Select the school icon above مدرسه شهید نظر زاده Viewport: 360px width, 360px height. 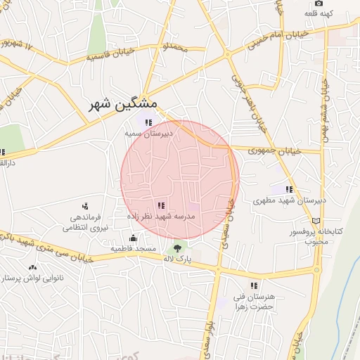161,206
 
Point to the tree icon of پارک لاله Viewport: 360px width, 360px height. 176,247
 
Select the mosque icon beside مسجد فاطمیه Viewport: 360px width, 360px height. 114,238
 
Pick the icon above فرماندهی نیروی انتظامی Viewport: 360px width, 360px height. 85,206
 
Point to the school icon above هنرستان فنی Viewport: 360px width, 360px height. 254,285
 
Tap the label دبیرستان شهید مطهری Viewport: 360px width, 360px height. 289,200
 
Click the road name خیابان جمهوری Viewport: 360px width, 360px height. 276,150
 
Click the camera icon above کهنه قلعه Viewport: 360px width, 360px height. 319,3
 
